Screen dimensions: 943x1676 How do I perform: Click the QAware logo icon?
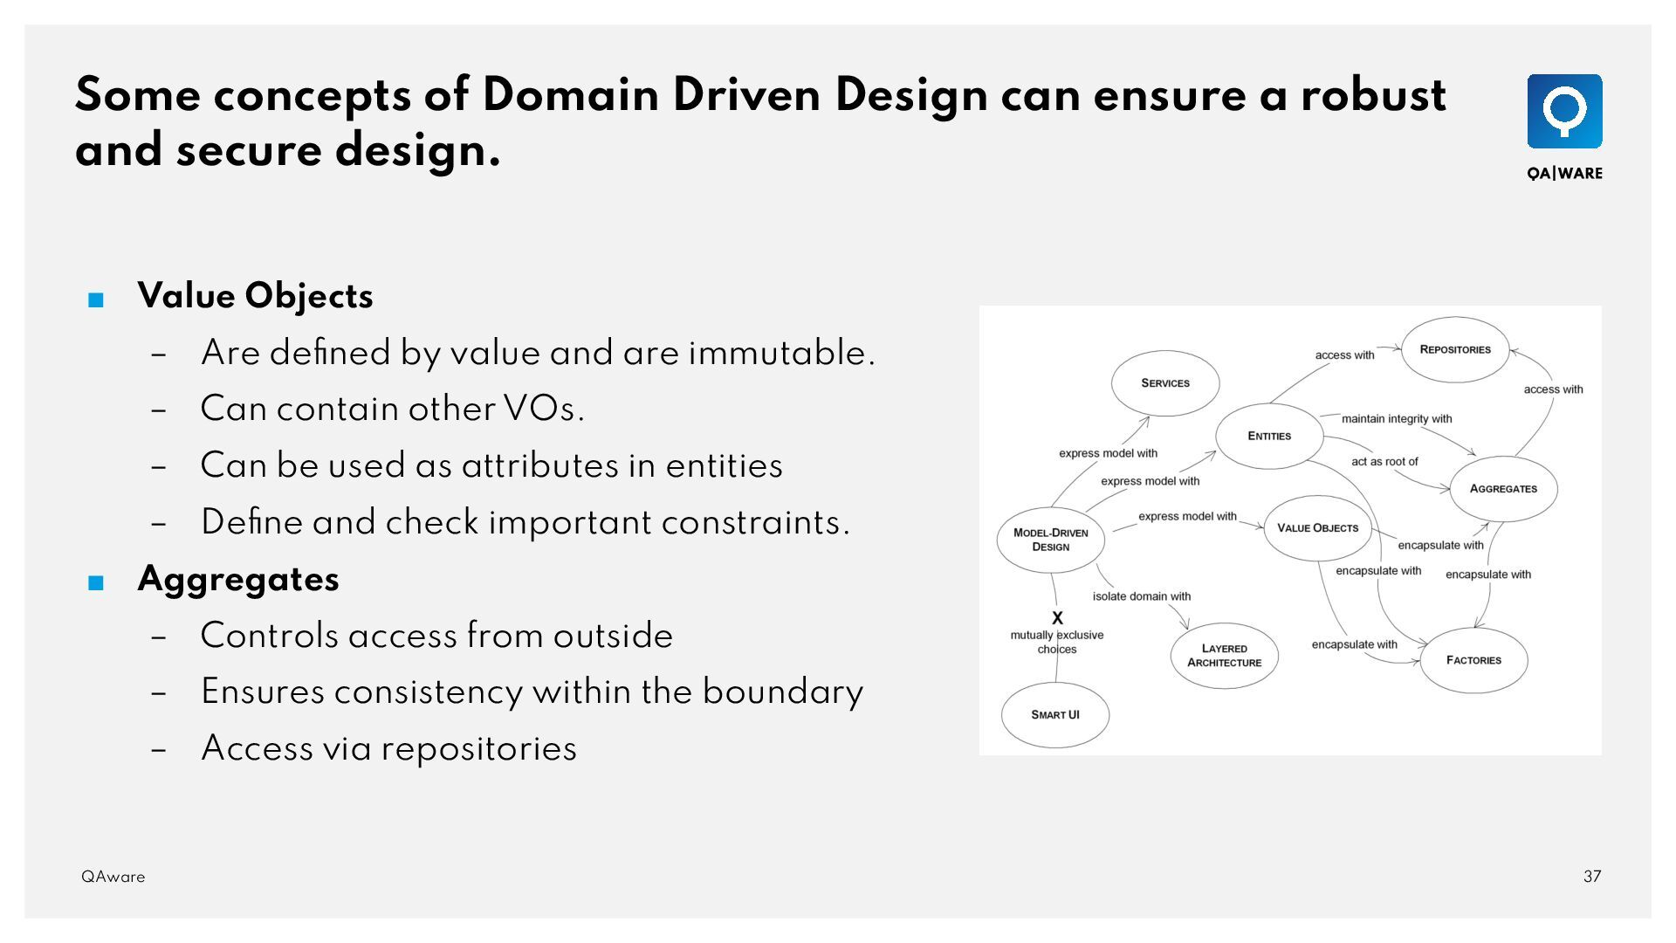click(x=1564, y=112)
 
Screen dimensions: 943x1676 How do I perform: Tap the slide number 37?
click(x=1592, y=877)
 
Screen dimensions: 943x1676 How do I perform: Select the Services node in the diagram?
click(x=1165, y=383)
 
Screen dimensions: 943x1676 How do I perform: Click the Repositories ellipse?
click(x=1455, y=349)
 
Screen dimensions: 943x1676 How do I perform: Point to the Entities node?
click(x=1269, y=436)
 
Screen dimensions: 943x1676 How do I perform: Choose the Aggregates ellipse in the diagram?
click(x=1503, y=489)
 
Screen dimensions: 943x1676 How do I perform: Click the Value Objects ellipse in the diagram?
click(x=1317, y=528)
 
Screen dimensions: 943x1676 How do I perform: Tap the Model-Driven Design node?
click(x=1050, y=540)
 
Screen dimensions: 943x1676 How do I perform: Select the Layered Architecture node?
click(x=1224, y=656)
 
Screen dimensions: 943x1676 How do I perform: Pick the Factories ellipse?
click(x=1473, y=660)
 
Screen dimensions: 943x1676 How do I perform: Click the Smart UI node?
click(x=1054, y=715)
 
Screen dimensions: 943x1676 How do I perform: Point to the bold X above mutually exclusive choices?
click(x=1057, y=618)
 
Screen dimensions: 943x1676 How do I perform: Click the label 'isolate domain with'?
click(x=1141, y=596)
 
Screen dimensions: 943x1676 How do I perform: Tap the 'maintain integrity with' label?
click(x=1397, y=419)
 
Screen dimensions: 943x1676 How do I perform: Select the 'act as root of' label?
click(x=1384, y=462)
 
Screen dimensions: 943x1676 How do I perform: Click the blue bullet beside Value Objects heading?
click(x=96, y=300)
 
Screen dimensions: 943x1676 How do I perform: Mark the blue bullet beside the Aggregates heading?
click(x=96, y=583)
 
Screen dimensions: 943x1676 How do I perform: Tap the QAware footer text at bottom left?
click(x=113, y=877)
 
